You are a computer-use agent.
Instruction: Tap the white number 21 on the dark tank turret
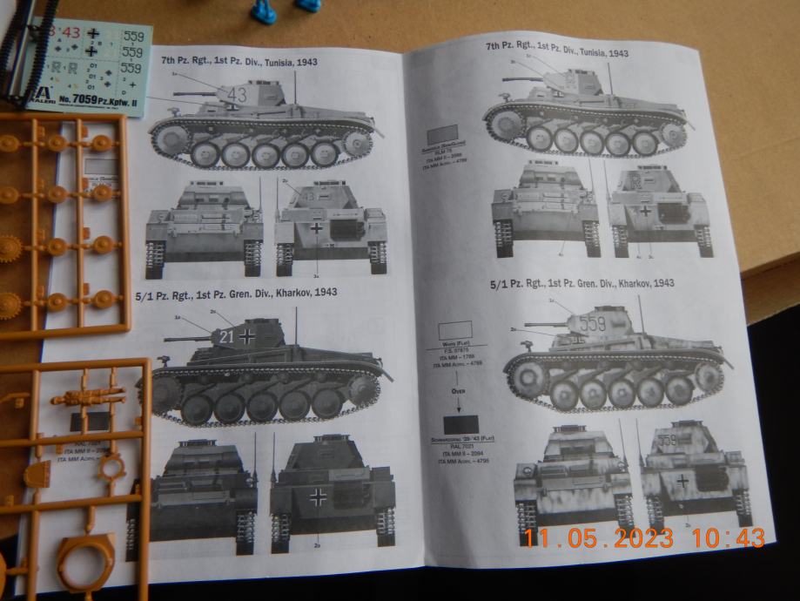(x=226, y=336)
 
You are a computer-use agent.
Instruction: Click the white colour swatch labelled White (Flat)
(x=455, y=330)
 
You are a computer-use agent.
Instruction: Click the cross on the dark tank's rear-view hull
(x=313, y=496)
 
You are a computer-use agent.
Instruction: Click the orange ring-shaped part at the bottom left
(x=86, y=561)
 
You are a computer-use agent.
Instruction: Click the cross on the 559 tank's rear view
(x=682, y=481)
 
